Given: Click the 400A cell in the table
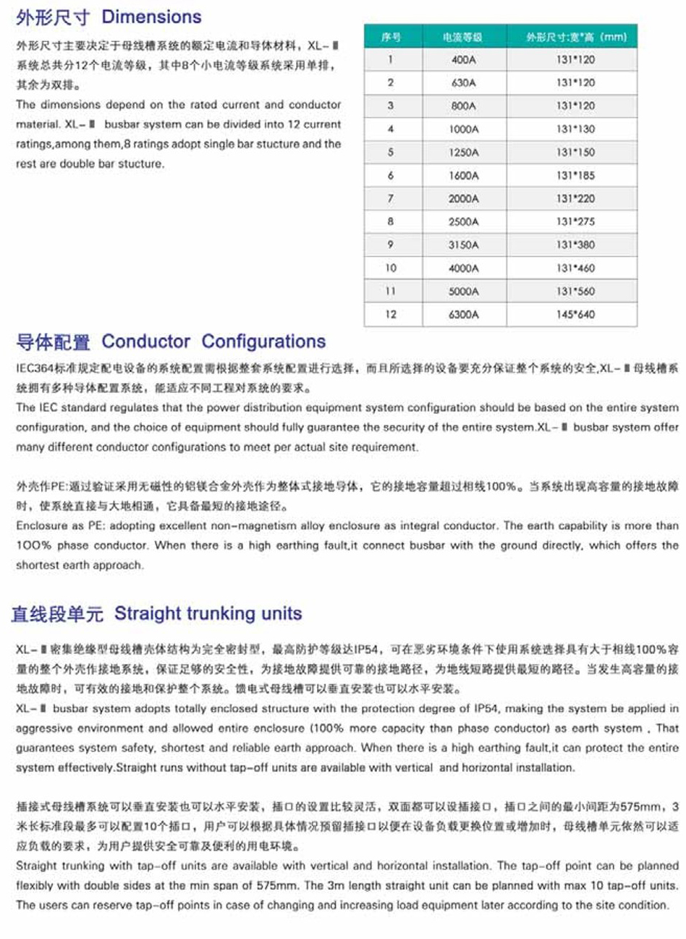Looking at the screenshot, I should (x=463, y=60).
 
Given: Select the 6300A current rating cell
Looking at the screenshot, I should (x=463, y=315).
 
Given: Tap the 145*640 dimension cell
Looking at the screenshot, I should (x=575, y=315).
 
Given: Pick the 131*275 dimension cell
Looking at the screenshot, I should (x=575, y=222).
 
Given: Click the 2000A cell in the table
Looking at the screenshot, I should (x=463, y=199).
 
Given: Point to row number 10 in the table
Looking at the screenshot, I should (x=391, y=268).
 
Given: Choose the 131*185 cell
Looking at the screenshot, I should (x=575, y=176).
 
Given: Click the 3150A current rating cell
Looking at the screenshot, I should (x=463, y=245).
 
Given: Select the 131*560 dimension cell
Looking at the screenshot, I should (x=575, y=292).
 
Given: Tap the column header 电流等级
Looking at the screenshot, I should (x=463, y=37).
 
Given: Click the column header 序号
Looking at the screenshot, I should (x=391, y=37).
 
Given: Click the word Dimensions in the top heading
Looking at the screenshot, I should (x=151, y=17).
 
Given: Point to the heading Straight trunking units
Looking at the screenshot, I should (x=208, y=614).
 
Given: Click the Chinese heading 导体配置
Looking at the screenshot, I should (x=54, y=342).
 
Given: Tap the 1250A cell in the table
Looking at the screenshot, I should (x=463, y=153).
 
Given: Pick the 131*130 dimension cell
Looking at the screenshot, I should (x=575, y=129).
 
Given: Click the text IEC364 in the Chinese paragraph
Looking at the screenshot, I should (x=33, y=368).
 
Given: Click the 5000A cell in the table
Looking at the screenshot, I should (x=463, y=292).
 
